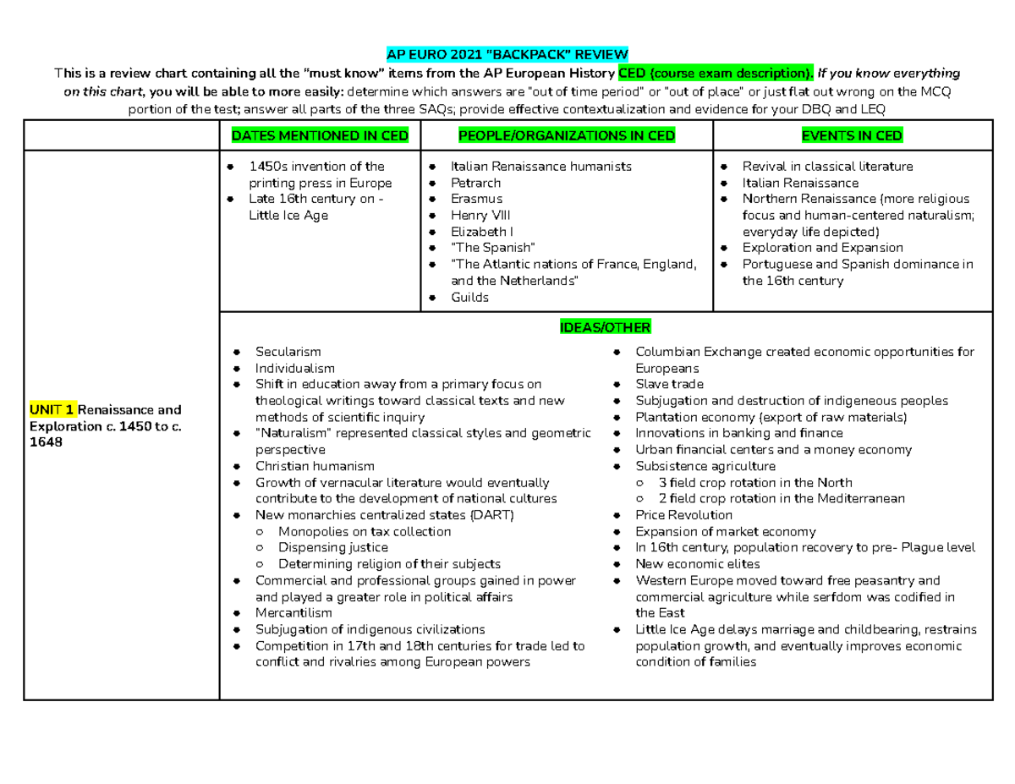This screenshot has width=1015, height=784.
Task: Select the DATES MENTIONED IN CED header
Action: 321,135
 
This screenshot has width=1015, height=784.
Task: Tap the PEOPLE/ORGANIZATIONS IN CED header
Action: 567,135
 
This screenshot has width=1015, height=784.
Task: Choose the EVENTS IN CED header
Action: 853,135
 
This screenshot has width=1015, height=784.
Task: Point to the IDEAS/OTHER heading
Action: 605,328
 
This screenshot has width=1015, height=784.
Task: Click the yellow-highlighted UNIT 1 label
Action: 52,409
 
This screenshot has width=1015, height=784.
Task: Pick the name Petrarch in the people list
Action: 475,183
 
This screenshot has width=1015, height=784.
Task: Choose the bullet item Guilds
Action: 469,298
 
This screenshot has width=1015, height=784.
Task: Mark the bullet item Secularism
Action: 288,352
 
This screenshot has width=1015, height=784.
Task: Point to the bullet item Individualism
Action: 294,369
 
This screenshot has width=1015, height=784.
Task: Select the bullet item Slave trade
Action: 669,385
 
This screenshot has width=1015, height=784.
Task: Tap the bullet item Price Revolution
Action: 683,515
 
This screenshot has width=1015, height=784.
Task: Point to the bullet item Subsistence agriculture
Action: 705,466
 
